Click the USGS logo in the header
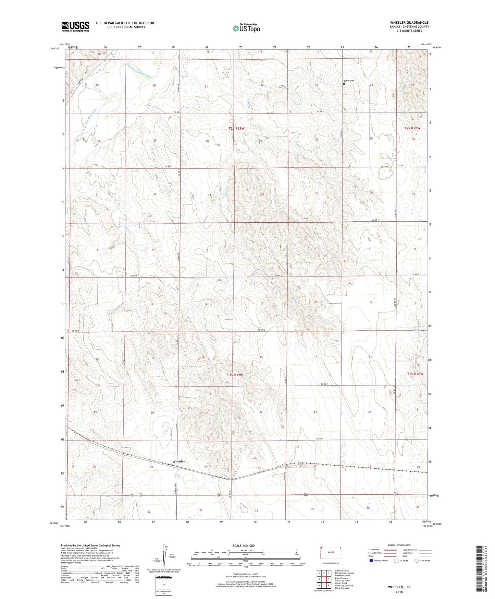75,26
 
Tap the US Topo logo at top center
246,28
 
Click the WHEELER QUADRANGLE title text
409,23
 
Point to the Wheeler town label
178,461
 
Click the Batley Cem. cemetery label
349,81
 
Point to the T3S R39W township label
235,375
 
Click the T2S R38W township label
412,128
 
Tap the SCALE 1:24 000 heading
244,545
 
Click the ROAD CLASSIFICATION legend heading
399,545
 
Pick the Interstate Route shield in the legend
372,561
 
